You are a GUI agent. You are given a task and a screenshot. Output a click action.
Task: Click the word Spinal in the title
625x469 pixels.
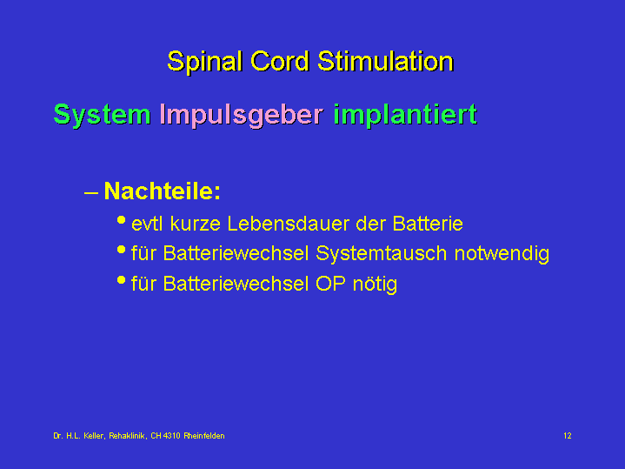pos(204,62)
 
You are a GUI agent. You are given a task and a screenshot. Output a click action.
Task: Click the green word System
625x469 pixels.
pos(102,115)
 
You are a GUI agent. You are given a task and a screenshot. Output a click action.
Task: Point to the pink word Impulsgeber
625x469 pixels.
pos(241,115)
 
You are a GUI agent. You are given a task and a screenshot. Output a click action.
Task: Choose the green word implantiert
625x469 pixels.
pos(405,115)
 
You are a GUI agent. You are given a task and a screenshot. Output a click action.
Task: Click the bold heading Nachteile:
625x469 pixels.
pos(163,191)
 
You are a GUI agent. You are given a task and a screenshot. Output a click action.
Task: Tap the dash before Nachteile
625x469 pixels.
pos(91,193)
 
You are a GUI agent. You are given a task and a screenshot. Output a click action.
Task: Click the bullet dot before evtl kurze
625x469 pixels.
pos(121,220)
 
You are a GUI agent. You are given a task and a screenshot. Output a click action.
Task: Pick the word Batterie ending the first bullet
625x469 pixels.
pos(428,224)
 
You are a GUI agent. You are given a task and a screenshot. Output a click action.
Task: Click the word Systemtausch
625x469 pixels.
pos(381,254)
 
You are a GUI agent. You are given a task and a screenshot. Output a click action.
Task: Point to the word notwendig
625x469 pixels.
pos(502,254)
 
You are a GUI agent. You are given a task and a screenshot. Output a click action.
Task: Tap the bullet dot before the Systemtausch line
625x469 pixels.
pos(121,250)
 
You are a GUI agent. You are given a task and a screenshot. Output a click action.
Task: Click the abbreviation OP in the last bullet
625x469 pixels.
pos(330,284)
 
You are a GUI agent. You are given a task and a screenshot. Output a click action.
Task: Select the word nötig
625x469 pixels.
pos(375,285)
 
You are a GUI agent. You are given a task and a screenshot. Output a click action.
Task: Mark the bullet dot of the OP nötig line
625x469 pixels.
pos(121,280)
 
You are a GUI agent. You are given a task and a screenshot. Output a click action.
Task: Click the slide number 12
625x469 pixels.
pos(568,436)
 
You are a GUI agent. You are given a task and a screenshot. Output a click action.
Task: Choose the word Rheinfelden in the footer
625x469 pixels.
pos(204,436)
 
